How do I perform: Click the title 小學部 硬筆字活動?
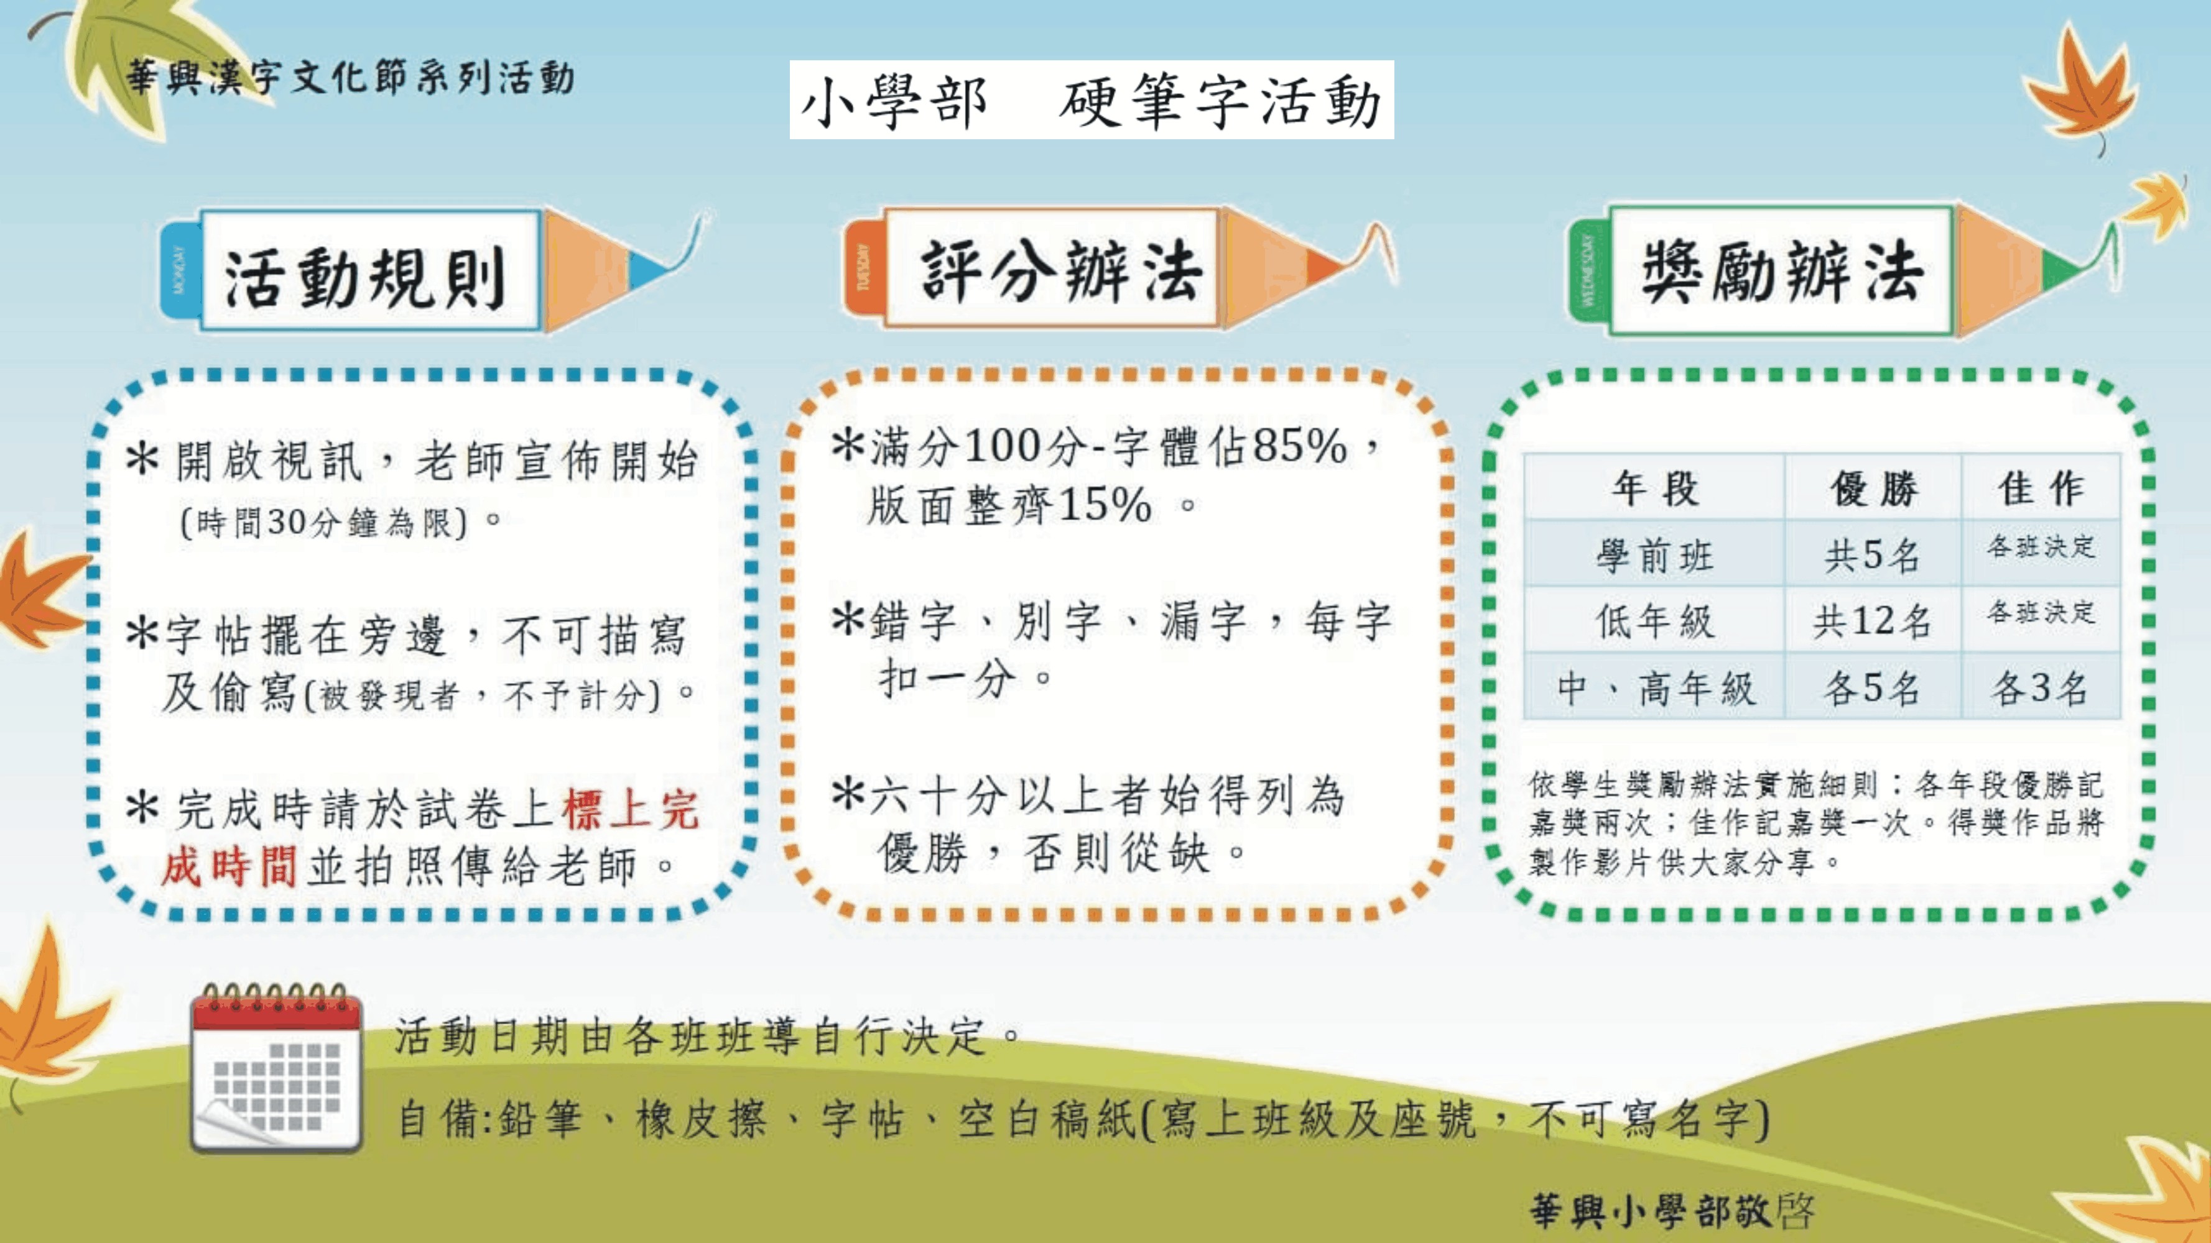click(x=1091, y=100)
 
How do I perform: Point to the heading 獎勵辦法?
click(x=1782, y=272)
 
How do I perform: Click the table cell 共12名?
click(x=1872, y=621)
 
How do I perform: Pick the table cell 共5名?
click(x=1872, y=556)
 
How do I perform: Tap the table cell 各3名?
click(x=2039, y=688)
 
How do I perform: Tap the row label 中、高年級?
click(x=1656, y=688)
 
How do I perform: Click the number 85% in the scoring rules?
click(x=1300, y=447)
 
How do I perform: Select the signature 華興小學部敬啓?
click(x=1672, y=1211)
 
